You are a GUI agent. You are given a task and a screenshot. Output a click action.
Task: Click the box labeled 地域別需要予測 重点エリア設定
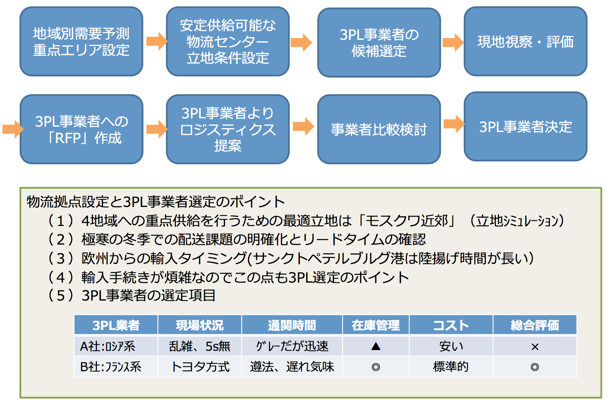[81, 42]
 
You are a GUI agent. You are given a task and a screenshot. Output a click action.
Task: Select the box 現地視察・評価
[526, 42]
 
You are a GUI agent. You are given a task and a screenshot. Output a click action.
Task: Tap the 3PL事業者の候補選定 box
[379, 43]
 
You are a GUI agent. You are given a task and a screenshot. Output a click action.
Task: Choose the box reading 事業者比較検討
[379, 129]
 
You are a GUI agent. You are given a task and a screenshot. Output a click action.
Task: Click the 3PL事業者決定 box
[526, 127]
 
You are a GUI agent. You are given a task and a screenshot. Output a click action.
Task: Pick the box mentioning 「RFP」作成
[81, 129]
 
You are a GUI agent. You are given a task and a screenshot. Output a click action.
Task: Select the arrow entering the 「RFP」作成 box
[13, 129]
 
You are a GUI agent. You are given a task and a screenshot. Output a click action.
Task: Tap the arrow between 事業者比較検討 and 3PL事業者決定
[454, 124]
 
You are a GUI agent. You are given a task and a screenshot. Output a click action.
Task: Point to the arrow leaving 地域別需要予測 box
[157, 41]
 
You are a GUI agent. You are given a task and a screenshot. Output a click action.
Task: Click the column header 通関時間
[292, 325]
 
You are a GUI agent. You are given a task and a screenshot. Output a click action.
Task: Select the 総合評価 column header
[535, 325]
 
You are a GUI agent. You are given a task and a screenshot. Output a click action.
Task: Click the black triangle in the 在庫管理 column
[376, 346]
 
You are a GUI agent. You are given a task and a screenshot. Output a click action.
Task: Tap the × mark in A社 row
[535, 347]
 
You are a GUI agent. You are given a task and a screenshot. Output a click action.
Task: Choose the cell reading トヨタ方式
[200, 367]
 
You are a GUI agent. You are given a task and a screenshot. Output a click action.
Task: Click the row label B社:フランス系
[110, 367]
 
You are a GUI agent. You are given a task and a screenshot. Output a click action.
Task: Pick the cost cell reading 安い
[451, 346]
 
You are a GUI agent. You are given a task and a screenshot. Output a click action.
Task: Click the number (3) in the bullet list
[60, 258]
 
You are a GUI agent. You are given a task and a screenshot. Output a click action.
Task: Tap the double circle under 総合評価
[535, 367]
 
